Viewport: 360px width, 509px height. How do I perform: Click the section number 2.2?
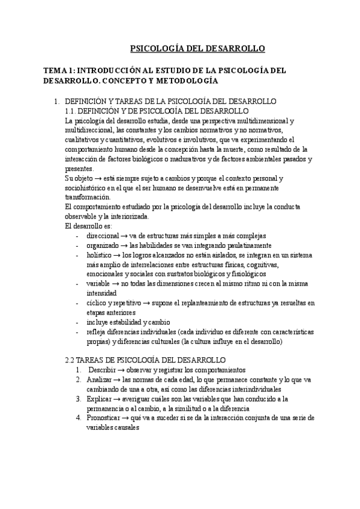coord(71,360)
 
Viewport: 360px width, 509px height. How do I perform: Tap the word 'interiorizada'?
coord(134,217)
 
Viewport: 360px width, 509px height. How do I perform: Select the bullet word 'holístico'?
coord(100,255)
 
